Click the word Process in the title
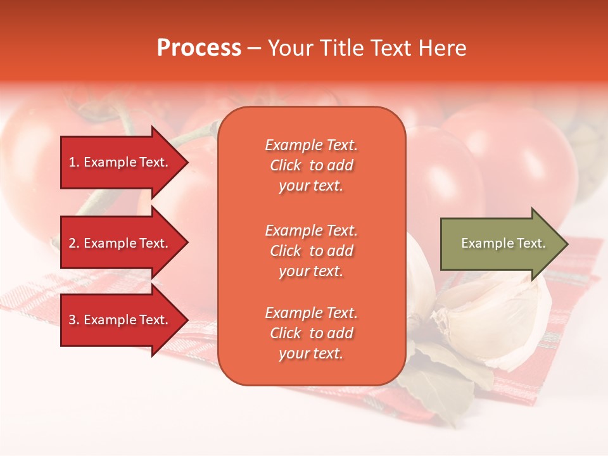199,48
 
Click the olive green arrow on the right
494,243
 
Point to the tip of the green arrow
567,243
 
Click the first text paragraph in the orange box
311,165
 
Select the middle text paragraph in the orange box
311,251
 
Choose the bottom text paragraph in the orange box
311,333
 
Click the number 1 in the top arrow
72,162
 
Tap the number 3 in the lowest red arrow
72,320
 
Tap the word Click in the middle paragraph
286,251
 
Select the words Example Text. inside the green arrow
503,243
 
